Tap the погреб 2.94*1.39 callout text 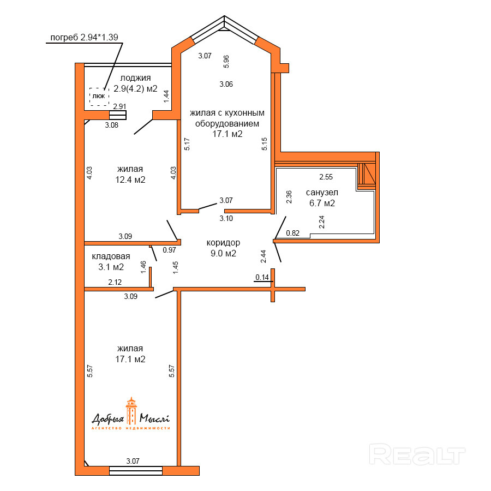pos(84,38)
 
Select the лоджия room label pos(136,78)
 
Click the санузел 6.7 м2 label pos(322,198)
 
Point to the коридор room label pos(223,243)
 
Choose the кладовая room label pos(111,256)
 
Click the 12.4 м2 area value pos(130,179)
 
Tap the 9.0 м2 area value pos(223,253)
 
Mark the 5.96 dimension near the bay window pos(226,61)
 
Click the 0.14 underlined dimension pos(262,278)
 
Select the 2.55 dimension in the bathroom pos(326,177)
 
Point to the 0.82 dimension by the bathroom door pos(293,233)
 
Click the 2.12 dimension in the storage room pos(115,282)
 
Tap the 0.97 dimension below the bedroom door pos(170,250)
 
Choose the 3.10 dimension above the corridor pos(226,219)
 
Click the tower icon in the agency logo pos(131,411)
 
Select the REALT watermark pos(417,454)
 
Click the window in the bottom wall pos(136,471)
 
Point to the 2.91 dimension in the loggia pos(119,106)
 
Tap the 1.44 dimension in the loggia pos(166,96)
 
